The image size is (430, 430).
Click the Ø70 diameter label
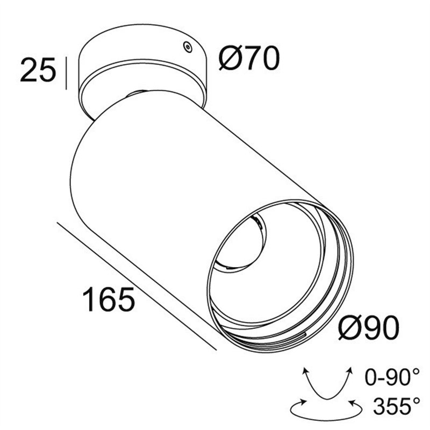pyautogui.click(x=249, y=58)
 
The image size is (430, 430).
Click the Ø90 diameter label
pyautogui.click(x=369, y=327)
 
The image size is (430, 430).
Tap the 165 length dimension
pyautogui.click(x=109, y=299)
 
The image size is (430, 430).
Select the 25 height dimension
pyautogui.click(x=38, y=70)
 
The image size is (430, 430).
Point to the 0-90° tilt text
pyautogui.click(x=392, y=377)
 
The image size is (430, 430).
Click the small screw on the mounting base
pyautogui.click(x=188, y=47)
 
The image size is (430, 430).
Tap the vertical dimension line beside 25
pyautogui.click(x=66, y=73)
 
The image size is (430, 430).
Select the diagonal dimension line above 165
pyautogui.click(x=137, y=286)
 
